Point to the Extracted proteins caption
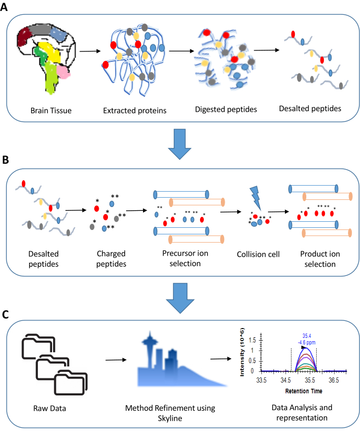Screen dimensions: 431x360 [134, 110]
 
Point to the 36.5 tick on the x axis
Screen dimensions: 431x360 [333, 379]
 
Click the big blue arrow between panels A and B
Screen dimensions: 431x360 [181, 141]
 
